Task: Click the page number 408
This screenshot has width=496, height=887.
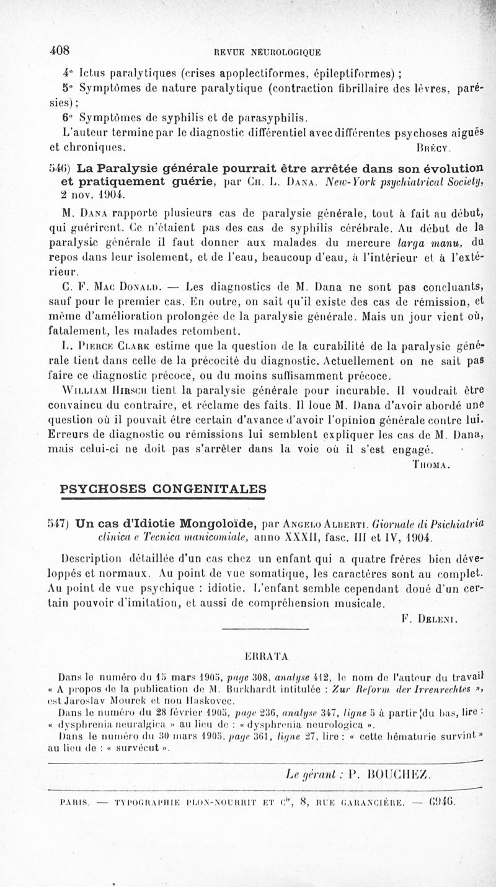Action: coord(60,50)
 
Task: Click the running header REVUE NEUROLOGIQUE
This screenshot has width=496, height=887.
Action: coord(267,52)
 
